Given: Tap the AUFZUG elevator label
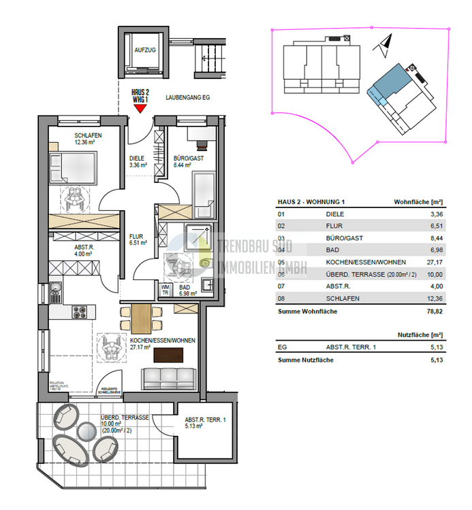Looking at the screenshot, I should tap(145, 51).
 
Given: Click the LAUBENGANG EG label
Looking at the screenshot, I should tap(188, 98).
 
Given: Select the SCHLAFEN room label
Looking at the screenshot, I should tap(88, 135).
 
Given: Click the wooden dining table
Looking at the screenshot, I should tap(142, 317).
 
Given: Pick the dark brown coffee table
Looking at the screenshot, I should tap(169, 355).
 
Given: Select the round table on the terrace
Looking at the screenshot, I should tap(87, 431).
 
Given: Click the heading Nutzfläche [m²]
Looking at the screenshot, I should tap(420, 335).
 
